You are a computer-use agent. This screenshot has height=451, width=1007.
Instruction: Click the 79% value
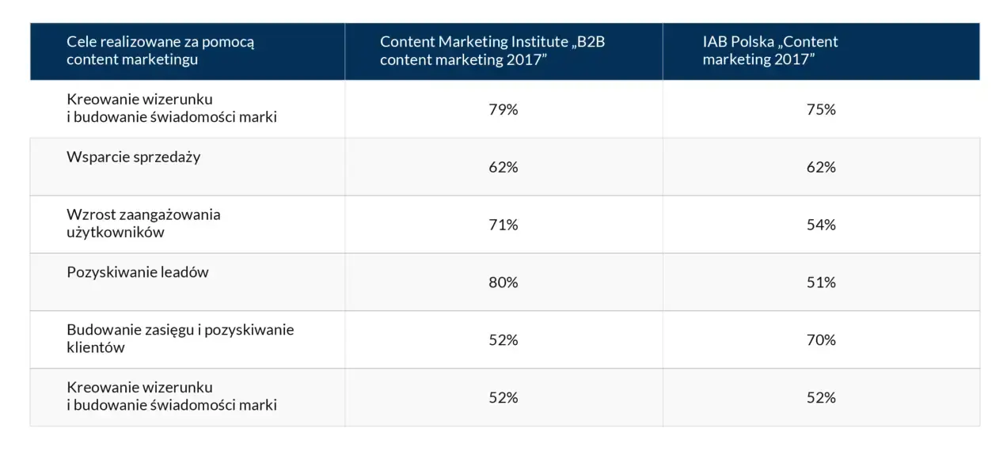point(503,110)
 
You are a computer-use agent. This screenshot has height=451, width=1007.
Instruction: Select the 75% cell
point(821,110)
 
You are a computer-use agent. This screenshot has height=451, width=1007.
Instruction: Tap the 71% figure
point(503,225)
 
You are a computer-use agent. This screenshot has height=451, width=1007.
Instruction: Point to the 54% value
point(821,225)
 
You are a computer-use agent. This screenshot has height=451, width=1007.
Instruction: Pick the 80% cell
point(503,282)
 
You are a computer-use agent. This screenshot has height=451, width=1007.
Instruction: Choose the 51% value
point(821,282)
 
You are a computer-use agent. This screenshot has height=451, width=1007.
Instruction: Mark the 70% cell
point(821,340)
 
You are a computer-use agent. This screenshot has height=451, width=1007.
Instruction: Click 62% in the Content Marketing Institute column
point(503,168)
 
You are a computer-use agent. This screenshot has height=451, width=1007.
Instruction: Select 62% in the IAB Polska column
point(821,168)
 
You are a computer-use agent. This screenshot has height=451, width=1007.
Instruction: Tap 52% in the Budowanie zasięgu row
point(503,340)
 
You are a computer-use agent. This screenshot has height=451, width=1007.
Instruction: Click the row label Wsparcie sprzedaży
point(134,157)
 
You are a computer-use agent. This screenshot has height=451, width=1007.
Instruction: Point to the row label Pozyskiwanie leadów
point(138,272)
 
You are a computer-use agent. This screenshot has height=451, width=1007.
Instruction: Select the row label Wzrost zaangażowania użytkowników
point(143,223)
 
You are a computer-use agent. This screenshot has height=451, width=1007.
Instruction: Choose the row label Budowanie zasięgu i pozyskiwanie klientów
point(180,338)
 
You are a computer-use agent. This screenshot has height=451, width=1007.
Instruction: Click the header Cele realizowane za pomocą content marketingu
point(160,50)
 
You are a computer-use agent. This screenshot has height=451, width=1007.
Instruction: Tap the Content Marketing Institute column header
point(492,51)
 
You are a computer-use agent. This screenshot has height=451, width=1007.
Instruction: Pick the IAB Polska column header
point(769,51)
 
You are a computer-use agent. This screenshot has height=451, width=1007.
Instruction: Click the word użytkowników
point(116,233)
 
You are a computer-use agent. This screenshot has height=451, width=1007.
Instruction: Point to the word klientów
point(96,347)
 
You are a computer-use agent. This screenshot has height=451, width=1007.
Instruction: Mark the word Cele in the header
point(82,42)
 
